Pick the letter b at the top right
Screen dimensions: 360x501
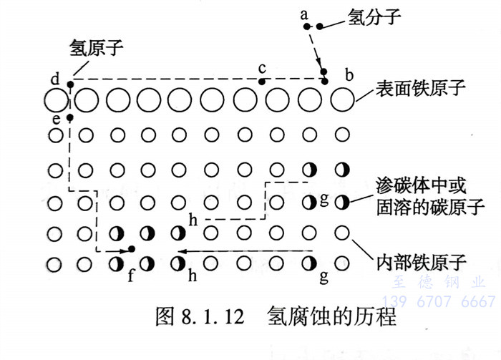click(349, 74)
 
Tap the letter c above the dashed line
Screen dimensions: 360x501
click(262, 68)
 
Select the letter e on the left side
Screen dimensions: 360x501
click(56, 117)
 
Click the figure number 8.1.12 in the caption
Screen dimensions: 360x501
click(208, 315)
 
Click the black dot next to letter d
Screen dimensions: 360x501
click(70, 84)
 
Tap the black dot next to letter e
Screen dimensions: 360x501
click(69, 117)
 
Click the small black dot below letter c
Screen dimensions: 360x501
click(262, 82)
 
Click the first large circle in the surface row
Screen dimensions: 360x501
click(54, 100)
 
